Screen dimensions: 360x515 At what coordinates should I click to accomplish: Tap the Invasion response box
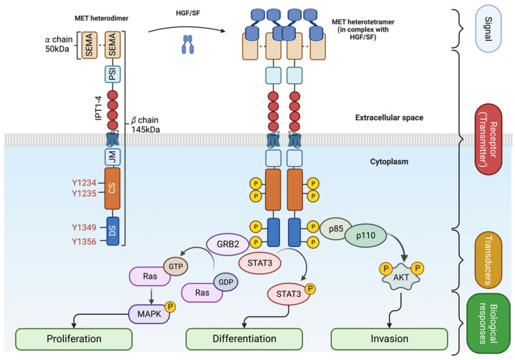[385, 338]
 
